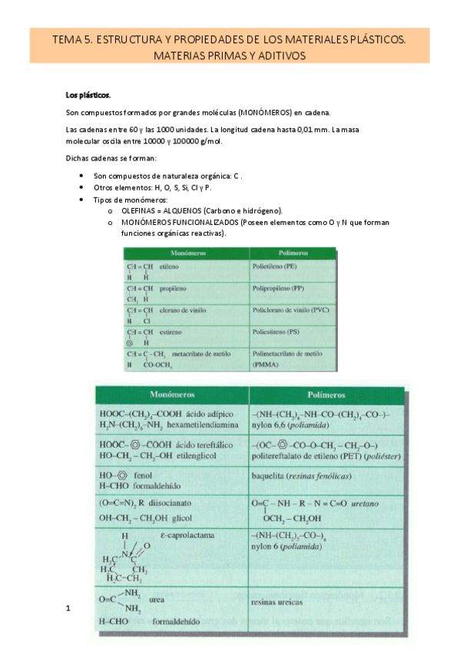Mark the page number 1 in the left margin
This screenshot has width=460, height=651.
click(68, 609)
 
